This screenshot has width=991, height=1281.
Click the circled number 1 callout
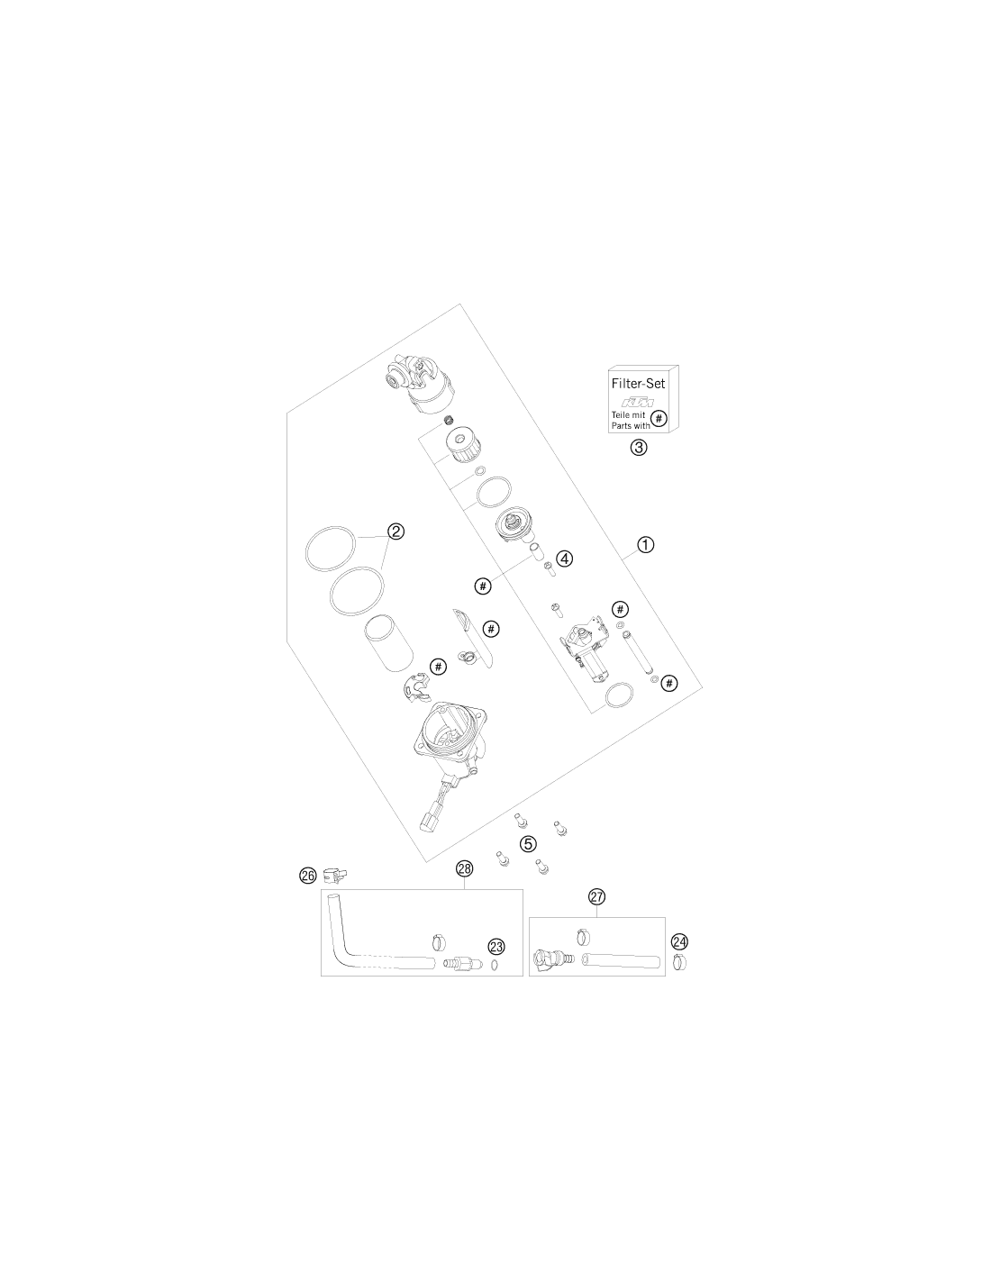click(646, 545)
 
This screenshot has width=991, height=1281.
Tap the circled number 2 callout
click(395, 531)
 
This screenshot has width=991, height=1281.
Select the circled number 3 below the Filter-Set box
click(639, 448)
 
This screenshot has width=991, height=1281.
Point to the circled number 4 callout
click(565, 559)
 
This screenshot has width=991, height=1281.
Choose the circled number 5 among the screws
click(528, 844)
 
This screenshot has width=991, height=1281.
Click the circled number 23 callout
click(496, 947)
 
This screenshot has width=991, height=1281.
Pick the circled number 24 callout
click(679, 941)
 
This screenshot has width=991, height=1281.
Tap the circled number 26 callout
click(308, 876)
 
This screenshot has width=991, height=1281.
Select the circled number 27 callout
click(596, 896)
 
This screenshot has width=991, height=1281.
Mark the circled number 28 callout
click(465, 868)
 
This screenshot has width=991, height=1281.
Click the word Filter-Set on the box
click(638, 384)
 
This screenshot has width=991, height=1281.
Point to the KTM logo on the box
click(638, 403)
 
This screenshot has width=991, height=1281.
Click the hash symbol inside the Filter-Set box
click(659, 419)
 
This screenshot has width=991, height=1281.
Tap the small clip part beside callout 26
click(335, 876)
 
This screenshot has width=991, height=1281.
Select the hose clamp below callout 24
click(680, 962)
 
